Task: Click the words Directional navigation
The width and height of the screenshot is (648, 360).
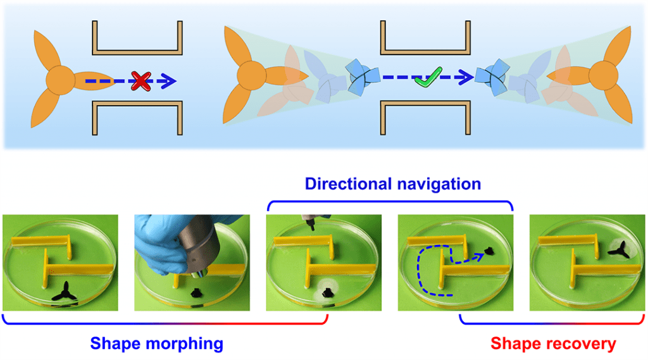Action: [x=392, y=184]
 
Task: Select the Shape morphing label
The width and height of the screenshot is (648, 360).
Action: [x=157, y=344]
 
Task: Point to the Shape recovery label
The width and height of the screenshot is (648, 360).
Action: [x=553, y=344]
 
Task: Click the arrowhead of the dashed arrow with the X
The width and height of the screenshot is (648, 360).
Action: [x=170, y=81]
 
